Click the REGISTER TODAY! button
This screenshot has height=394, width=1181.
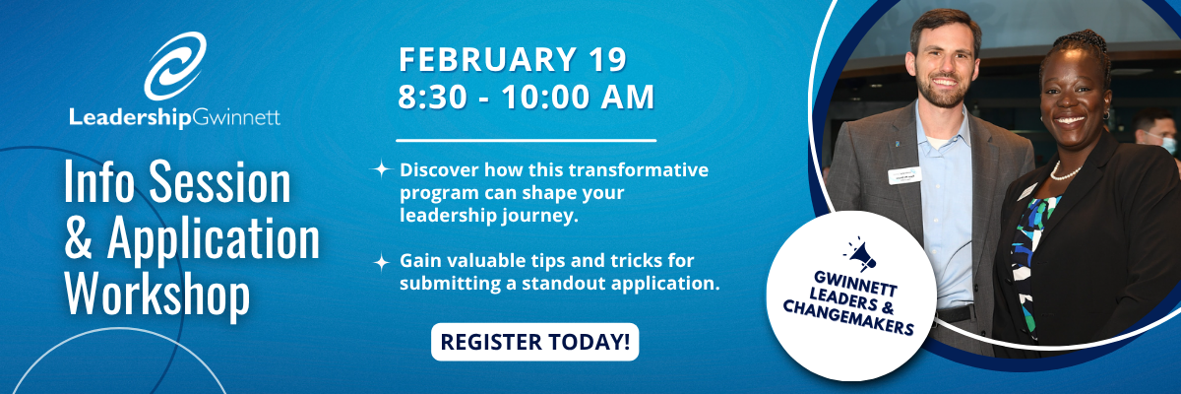click(x=534, y=342)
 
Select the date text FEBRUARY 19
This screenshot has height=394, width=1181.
click(x=512, y=60)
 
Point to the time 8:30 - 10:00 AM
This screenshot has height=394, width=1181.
click(x=526, y=98)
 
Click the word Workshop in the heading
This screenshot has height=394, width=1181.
click(x=157, y=293)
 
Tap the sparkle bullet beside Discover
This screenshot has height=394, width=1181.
click(x=380, y=169)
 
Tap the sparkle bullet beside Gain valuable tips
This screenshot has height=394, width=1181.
click(x=380, y=262)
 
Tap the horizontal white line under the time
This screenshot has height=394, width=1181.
click(x=526, y=140)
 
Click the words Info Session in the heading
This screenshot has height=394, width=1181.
click(x=177, y=184)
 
